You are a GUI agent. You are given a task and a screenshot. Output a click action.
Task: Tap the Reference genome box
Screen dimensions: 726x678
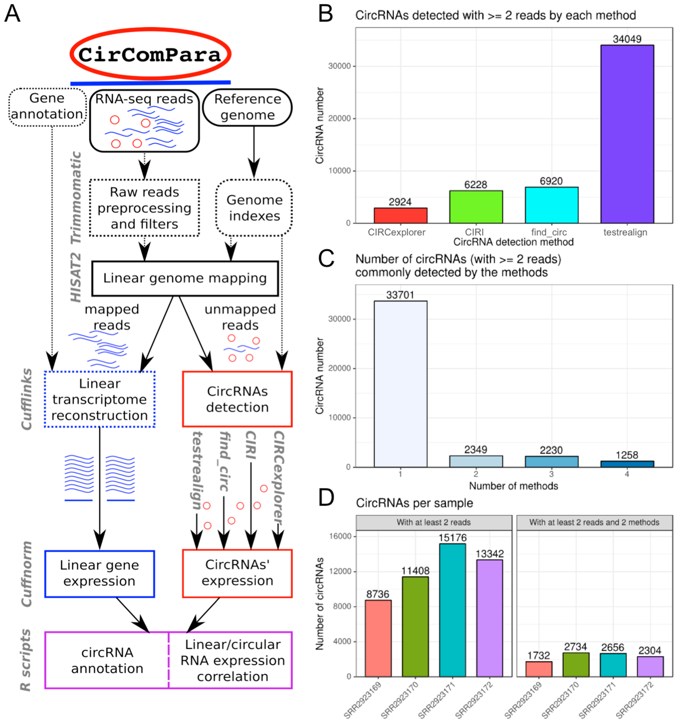[247, 107]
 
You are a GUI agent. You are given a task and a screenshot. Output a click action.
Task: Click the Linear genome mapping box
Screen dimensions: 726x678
[185, 278]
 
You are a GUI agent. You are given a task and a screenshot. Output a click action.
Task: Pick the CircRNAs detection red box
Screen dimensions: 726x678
[237, 399]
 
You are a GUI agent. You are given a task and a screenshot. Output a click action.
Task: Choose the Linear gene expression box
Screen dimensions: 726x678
[99, 574]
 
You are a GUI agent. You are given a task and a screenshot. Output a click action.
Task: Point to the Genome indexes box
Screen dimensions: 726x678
[254, 208]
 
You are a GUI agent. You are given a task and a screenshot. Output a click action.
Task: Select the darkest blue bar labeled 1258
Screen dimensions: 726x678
[627, 464]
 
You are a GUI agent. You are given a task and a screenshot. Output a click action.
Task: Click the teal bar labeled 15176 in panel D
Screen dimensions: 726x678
[452, 610]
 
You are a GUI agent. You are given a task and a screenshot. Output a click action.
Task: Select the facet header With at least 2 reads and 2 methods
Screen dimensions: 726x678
[594, 523]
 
